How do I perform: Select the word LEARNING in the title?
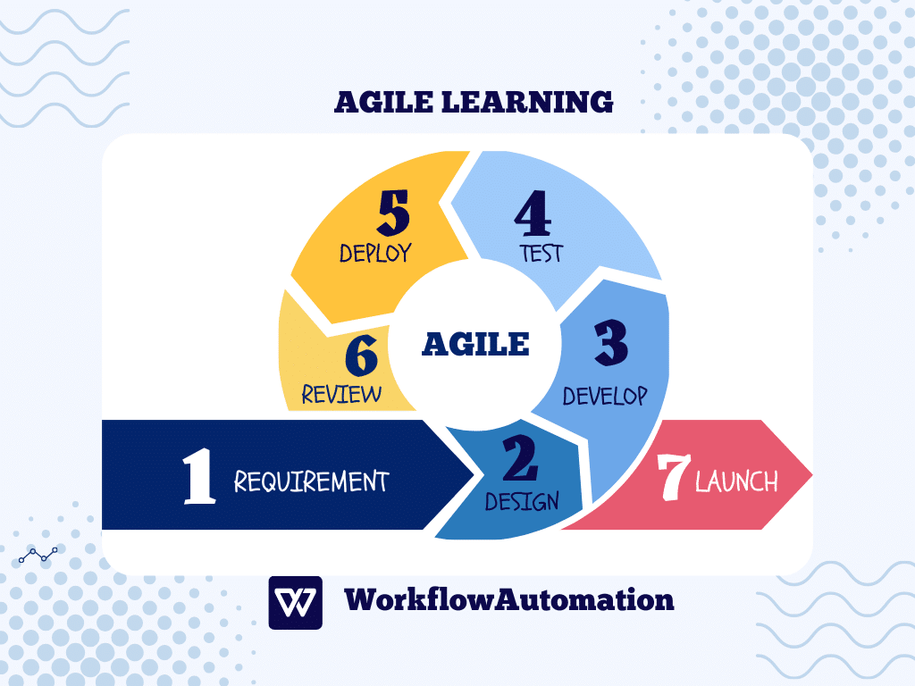click(x=527, y=102)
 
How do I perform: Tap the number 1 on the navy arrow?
click(x=198, y=476)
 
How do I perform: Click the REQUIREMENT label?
click(x=311, y=481)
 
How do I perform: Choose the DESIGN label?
click(x=522, y=502)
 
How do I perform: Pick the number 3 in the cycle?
click(x=610, y=343)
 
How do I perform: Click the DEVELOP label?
click(x=605, y=396)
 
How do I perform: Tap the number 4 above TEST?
click(x=533, y=213)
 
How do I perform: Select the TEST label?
click(x=541, y=254)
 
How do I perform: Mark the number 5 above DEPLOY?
click(x=394, y=213)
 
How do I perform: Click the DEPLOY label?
click(x=376, y=253)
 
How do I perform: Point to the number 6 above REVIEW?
click(x=361, y=355)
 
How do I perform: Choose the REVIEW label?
click(x=341, y=394)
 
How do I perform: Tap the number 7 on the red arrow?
click(x=674, y=477)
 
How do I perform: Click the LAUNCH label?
click(x=736, y=481)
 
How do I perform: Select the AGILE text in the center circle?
click(x=475, y=344)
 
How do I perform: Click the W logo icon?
click(x=295, y=603)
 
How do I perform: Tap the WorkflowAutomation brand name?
click(x=509, y=599)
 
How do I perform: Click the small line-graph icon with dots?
click(x=38, y=555)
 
